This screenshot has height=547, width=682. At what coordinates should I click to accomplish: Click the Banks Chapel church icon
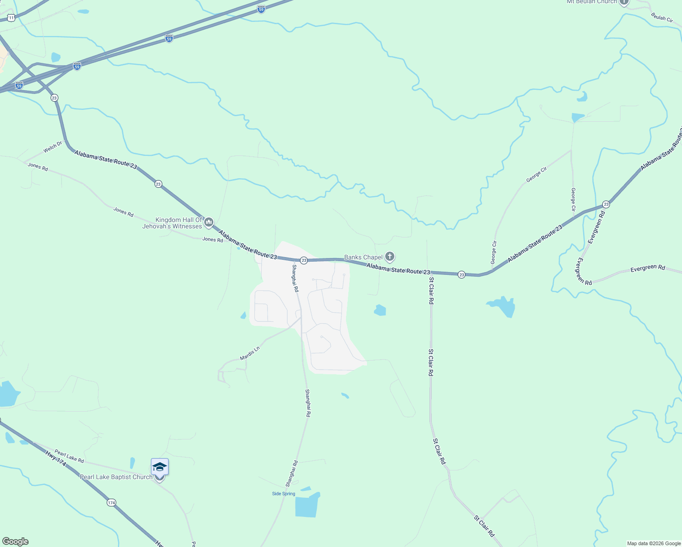point(390,257)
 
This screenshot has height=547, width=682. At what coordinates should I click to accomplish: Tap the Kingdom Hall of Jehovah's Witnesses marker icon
point(209,222)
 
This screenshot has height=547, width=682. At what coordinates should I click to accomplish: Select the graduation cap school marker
point(160,467)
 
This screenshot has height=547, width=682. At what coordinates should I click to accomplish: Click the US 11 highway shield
point(11,17)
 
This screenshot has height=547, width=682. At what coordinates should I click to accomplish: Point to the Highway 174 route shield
point(111,502)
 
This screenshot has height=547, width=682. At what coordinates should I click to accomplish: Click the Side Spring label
point(284,494)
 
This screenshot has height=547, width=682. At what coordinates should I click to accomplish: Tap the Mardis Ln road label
point(250,353)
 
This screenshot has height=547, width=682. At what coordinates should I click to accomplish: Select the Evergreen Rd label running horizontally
point(647,268)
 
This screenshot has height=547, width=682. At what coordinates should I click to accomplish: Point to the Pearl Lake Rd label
point(69,456)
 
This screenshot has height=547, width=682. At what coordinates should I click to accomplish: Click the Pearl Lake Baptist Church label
point(116,477)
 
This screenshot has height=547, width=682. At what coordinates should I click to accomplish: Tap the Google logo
point(15,542)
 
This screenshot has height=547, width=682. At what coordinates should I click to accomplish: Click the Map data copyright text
point(654,543)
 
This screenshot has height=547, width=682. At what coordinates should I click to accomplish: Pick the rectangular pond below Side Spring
point(306,507)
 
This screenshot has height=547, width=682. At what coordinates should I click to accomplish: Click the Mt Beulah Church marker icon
point(624,2)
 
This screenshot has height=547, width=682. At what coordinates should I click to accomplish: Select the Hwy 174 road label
point(56,459)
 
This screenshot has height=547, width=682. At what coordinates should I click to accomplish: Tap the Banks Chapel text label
point(363,258)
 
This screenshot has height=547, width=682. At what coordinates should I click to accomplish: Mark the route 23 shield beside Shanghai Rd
point(304,260)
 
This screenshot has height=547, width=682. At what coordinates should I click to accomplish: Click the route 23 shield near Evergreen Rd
point(606,204)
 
